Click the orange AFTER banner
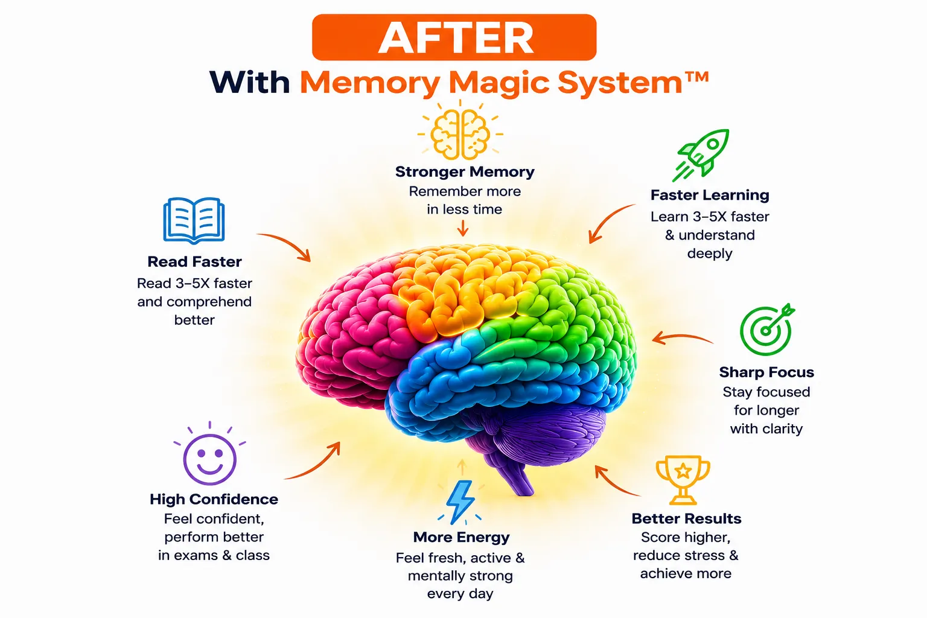click(454, 37)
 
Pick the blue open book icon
click(194, 221)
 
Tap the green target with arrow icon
click(766, 330)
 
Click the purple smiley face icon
click(210, 454)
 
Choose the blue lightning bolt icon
click(460, 502)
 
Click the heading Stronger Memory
click(465, 172)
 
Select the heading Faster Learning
click(710, 195)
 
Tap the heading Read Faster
click(194, 261)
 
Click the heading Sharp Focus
click(766, 372)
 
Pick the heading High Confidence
click(214, 499)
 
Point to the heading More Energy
click(462, 537)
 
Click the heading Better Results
click(686, 518)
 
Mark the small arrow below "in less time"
click(463, 228)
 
